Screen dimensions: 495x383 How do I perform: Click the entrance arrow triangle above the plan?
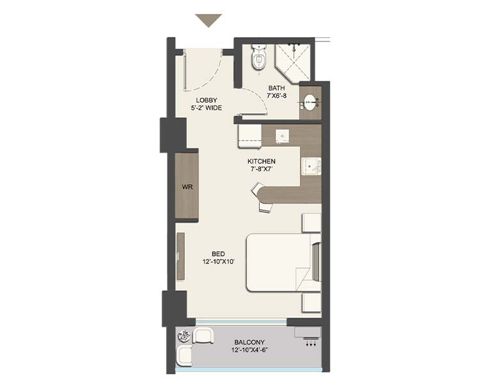click(x=208, y=20)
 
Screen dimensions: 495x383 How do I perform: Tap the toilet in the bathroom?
click(x=259, y=57)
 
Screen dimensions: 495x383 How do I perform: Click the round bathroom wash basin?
click(x=309, y=102)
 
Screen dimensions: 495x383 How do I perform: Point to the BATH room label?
click(x=276, y=88)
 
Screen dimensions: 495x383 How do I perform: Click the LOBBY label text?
click(x=207, y=100)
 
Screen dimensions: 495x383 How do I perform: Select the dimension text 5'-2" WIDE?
click(x=207, y=108)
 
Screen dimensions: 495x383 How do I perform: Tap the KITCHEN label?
click(x=262, y=161)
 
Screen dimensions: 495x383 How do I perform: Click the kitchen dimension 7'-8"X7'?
click(x=262, y=169)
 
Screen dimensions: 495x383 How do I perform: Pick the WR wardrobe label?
click(x=187, y=187)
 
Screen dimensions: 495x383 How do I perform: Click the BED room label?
click(x=219, y=254)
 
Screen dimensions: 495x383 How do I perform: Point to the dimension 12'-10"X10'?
click(x=219, y=262)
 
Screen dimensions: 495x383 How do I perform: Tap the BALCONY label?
click(x=249, y=342)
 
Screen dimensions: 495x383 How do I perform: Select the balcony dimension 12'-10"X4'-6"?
click(x=249, y=350)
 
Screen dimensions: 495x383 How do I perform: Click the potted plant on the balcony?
click(x=184, y=336)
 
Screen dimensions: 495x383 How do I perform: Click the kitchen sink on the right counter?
click(x=311, y=166)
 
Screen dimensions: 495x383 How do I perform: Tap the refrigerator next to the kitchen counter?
click(x=249, y=136)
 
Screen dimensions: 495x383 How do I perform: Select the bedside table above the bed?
click(x=311, y=223)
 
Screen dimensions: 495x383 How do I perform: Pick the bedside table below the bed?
click(x=311, y=302)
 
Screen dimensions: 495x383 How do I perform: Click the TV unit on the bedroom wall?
click(x=180, y=256)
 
